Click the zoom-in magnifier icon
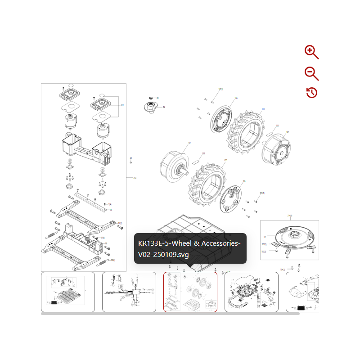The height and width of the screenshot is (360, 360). click(311, 52)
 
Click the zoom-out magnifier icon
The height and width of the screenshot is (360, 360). click(311, 73)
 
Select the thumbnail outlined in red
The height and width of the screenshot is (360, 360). click(190, 292)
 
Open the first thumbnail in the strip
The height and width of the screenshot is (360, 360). click(68, 292)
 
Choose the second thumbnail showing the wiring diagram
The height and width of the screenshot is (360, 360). click(129, 292)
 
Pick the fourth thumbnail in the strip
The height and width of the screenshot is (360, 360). click(251, 292)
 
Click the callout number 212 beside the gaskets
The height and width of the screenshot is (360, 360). click(122, 105)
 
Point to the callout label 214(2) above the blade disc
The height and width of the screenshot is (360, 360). click(289, 216)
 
